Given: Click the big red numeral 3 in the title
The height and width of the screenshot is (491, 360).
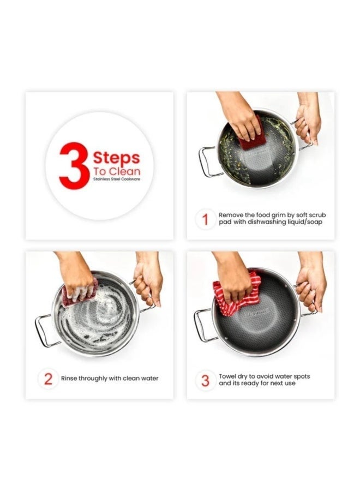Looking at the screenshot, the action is click(x=74, y=166).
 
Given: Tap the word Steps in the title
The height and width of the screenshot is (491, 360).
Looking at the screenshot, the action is click(x=116, y=158).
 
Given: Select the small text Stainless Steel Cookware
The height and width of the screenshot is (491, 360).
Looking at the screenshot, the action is click(x=117, y=179).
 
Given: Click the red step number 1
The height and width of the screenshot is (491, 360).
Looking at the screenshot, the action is click(x=205, y=219).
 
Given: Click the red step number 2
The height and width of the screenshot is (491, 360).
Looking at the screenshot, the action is click(x=48, y=379).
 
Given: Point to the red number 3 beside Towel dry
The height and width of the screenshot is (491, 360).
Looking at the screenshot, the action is click(x=205, y=380).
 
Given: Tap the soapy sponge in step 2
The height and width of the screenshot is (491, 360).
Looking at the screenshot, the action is click(x=80, y=292).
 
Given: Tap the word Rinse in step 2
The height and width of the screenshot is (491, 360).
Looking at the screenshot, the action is click(x=69, y=378).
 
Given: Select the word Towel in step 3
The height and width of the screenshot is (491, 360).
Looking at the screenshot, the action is click(x=227, y=376).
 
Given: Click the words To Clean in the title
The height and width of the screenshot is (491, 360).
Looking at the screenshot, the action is click(x=116, y=171).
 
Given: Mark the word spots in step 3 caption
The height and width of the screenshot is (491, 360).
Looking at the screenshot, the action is click(x=301, y=376).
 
